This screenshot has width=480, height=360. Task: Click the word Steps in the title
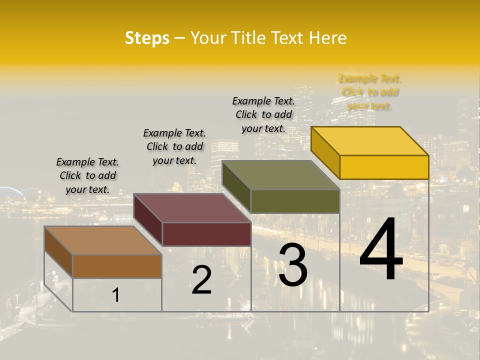[147, 38]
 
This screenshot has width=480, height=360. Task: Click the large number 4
[381, 251]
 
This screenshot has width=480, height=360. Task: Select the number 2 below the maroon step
[201, 280]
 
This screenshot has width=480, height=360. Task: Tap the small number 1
[116, 295]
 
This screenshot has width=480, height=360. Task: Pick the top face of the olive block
[281, 175]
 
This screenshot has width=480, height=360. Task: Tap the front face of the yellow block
[384, 167]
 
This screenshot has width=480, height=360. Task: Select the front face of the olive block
[295, 201]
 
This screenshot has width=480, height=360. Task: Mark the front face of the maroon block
[206, 234]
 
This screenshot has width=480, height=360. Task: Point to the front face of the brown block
[117, 266]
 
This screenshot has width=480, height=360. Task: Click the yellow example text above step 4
[370, 92]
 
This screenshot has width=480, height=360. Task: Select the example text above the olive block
[263, 114]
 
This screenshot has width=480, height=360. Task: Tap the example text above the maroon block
[174, 146]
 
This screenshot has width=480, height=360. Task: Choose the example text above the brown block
[87, 175]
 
